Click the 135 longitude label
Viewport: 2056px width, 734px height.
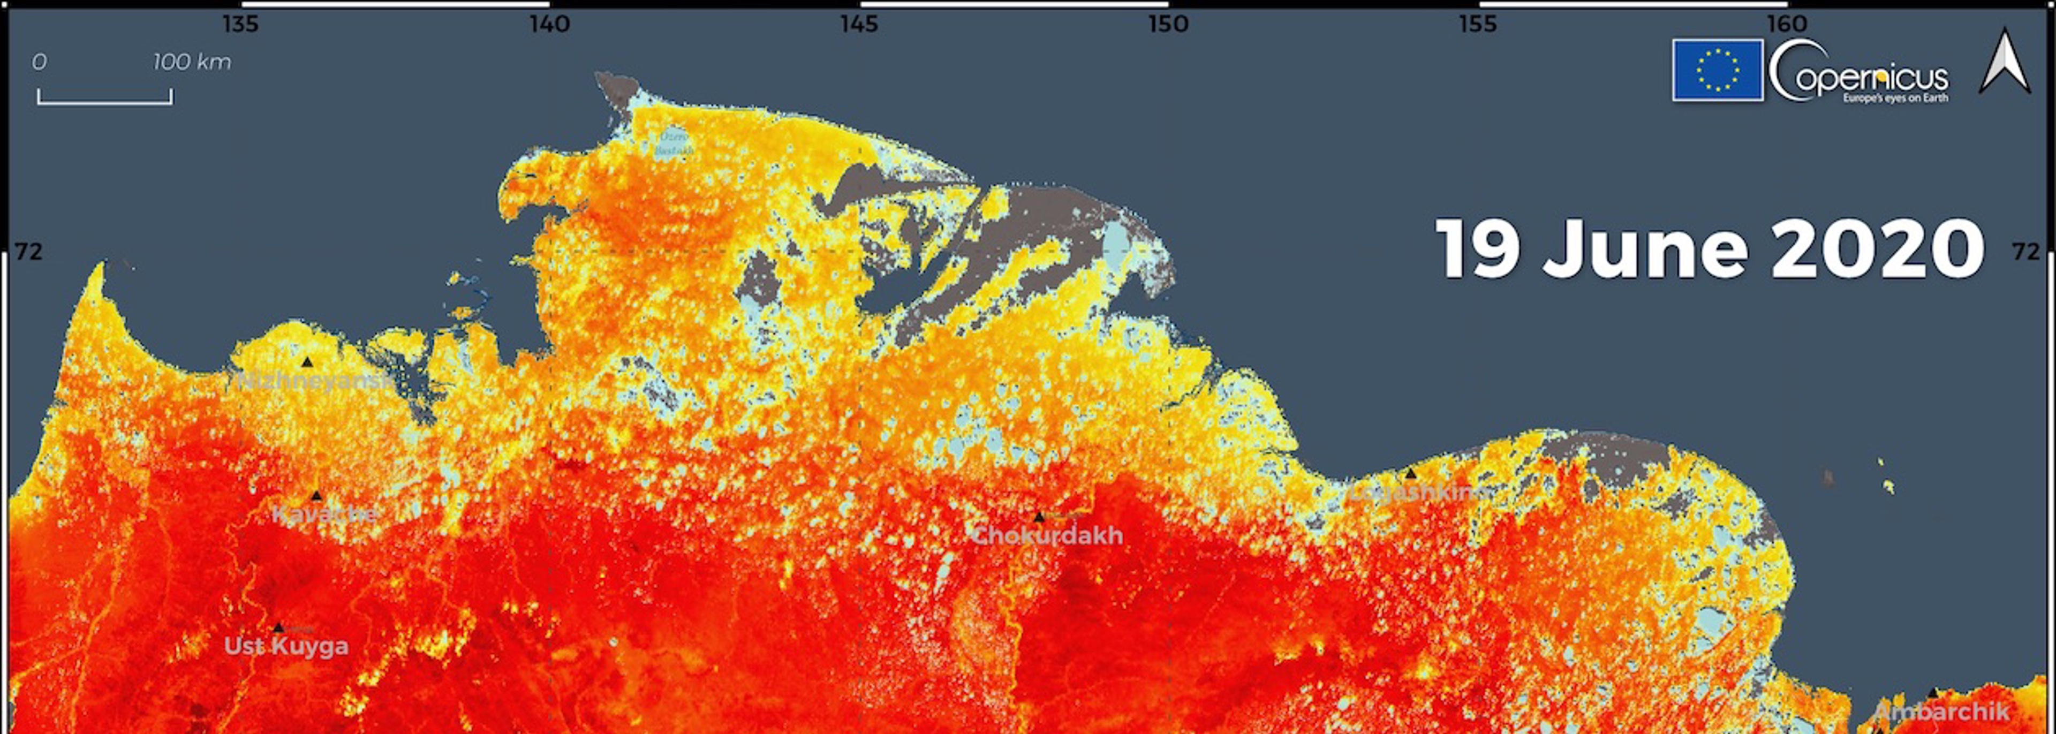coord(240,25)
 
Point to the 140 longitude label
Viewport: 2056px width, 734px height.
coord(550,25)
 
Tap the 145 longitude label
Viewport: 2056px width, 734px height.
coord(859,25)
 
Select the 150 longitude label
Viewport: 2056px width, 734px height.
coord(1168,25)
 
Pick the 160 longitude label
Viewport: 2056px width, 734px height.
coord(1787,25)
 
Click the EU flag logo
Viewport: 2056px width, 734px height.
coord(1718,70)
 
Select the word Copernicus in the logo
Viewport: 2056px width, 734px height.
coord(1860,76)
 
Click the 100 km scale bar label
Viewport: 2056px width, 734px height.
coord(192,62)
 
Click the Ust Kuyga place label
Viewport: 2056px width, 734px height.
coord(286,646)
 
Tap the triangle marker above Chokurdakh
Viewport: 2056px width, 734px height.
coord(1038,517)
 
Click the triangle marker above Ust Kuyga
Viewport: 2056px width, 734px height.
coord(278,628)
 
